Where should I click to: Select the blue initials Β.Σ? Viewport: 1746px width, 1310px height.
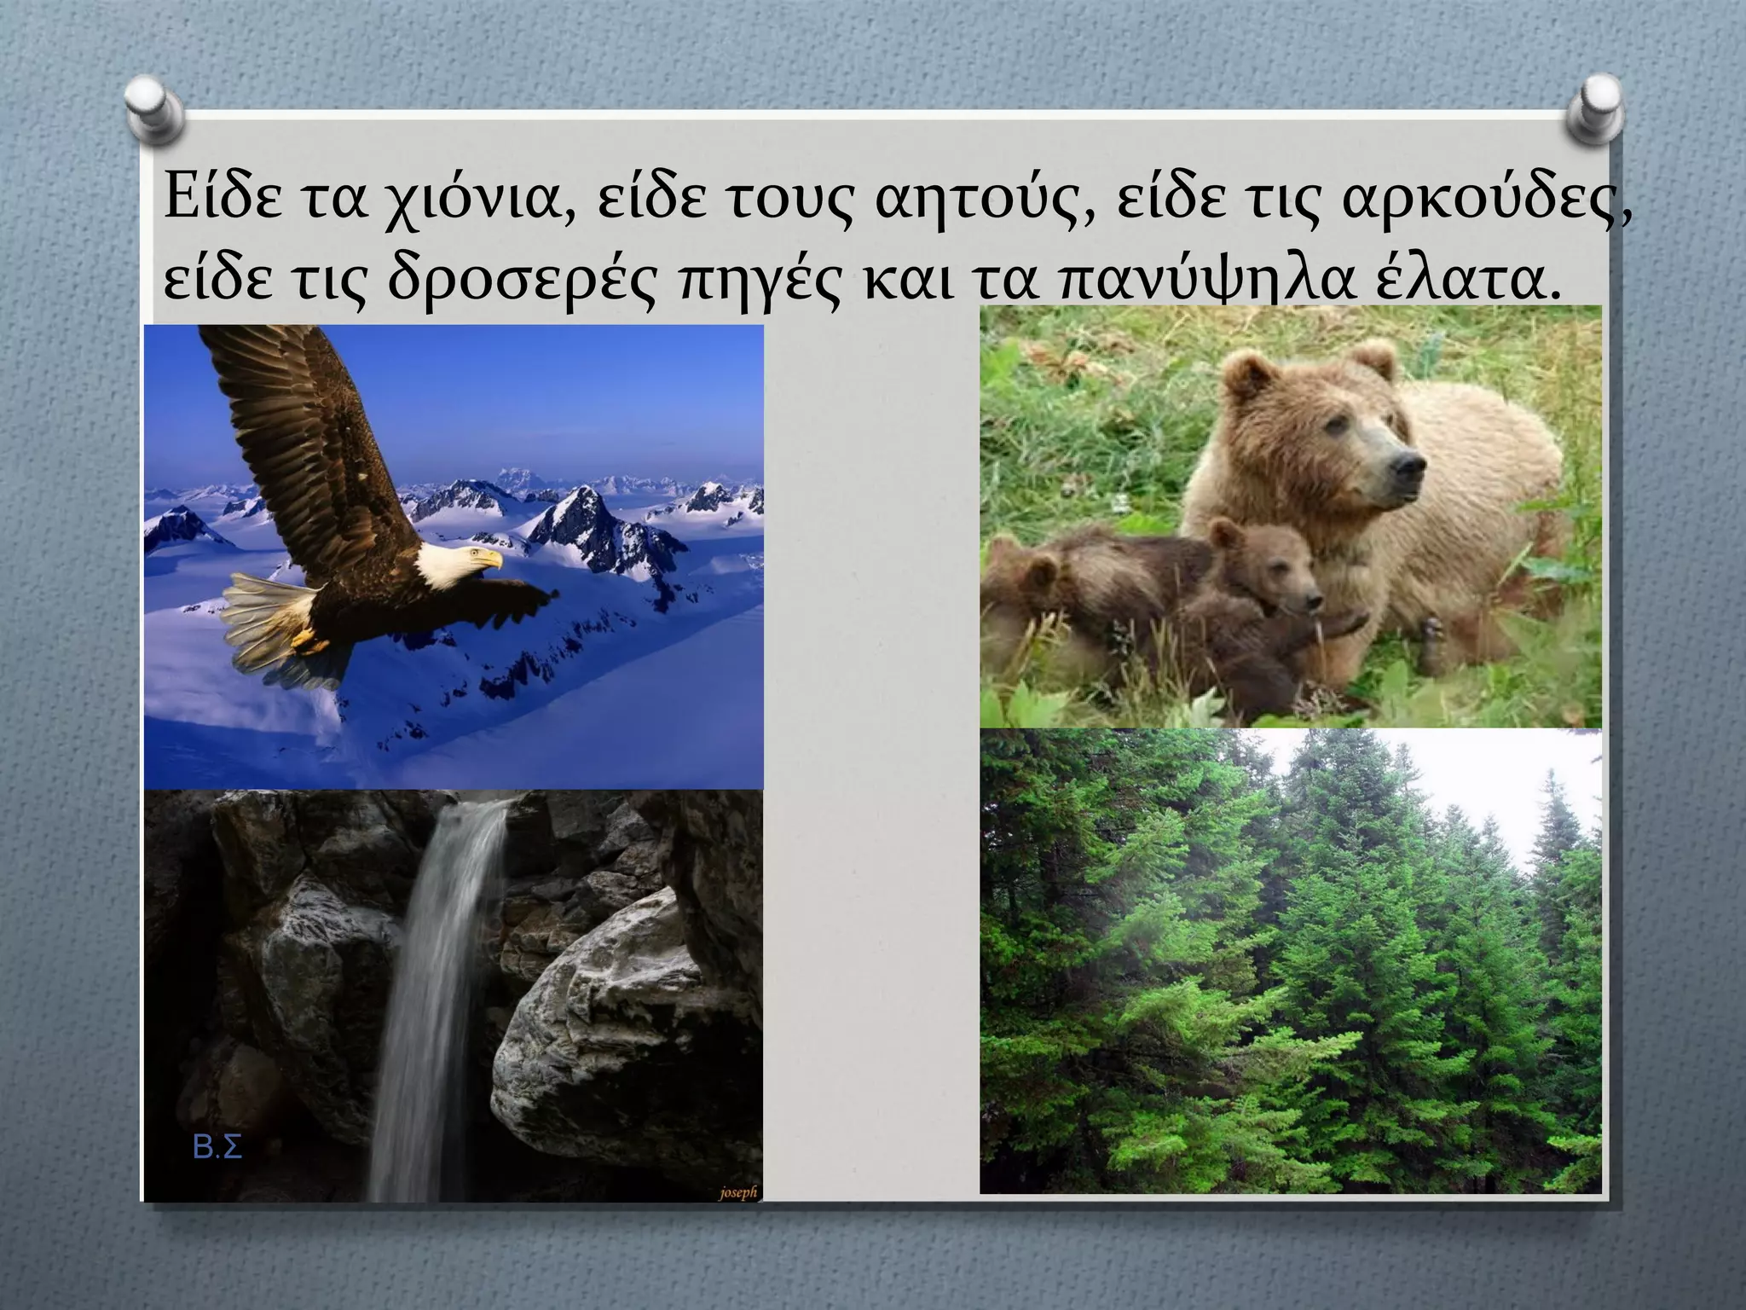tap(218, 1148)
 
